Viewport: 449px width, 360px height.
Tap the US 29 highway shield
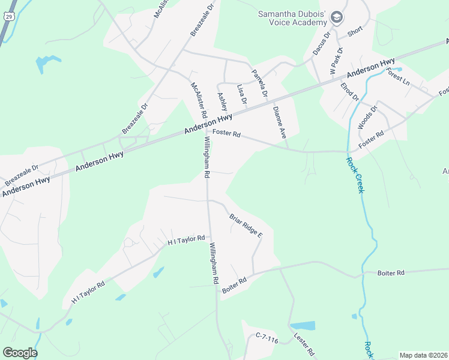(x=8, y=16)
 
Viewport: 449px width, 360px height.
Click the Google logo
(x=20, y=352)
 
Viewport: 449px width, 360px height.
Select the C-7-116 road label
(x=267, y=340)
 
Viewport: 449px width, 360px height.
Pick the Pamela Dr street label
(x=259, y=85)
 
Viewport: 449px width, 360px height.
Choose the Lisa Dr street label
(x=242, y=93)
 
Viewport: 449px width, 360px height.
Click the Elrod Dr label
(x=349, y=92)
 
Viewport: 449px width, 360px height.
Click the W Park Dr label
(x=336, y=61)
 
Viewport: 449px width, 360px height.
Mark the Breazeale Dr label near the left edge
(x=22, y=175)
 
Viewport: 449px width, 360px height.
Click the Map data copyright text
(x=423, y=355)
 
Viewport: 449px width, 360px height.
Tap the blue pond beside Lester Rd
(x=303, y=326)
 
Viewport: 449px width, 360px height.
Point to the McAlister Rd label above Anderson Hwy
(x=199, y=100)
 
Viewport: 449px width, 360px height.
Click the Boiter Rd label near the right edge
(x=391, y=273)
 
